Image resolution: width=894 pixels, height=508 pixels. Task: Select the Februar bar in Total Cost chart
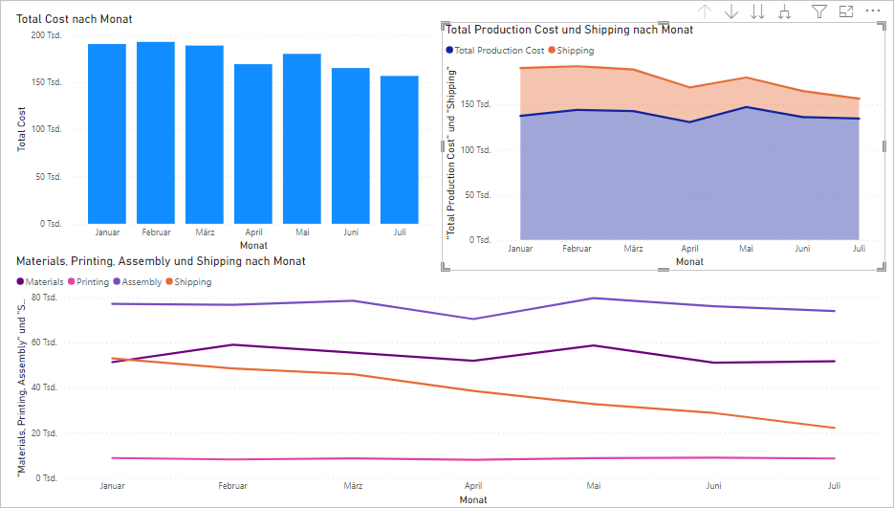click(x=156, y=133)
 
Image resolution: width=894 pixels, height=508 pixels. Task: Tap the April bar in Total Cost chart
click(x=253, y=144)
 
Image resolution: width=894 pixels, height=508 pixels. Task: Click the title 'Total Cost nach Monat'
click(x=75, y=19)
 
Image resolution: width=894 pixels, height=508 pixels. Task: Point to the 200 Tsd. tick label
click(x=45, y=35)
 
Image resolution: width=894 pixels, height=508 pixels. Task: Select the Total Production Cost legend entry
click(x=495, y=51)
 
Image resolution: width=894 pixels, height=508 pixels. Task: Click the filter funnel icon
click(x=819, y=11)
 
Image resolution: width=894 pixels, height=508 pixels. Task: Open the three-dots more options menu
click(x=872, y=11)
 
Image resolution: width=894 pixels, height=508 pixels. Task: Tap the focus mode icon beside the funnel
click(x=846, y=11)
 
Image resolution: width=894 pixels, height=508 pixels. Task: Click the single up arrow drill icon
click(x=705, y=11)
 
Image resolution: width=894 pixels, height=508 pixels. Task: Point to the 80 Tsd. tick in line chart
click(x=44, y=298)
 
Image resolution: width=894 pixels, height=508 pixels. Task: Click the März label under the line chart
click(x=354, y=486)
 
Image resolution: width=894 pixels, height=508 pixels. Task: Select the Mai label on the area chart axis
click(x=746, y=249)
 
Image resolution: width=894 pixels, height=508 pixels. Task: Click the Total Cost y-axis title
click(x=21, y=129)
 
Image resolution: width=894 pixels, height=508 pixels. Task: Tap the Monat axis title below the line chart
click(x=472, y=499)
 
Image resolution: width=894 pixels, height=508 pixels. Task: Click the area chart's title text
click(x=570, y=30)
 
